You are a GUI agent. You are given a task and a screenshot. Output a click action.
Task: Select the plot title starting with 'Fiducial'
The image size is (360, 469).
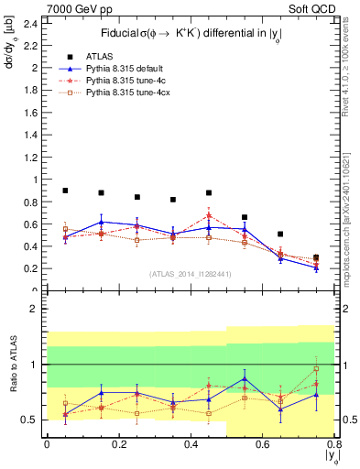190,34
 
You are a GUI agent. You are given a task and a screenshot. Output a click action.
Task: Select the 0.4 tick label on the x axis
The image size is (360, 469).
191,444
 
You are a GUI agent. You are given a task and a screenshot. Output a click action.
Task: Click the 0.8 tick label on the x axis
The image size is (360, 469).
333,444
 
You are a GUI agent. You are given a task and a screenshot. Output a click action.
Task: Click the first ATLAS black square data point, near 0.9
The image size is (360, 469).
65,191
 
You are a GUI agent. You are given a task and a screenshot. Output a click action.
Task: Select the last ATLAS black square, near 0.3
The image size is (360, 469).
316,257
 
